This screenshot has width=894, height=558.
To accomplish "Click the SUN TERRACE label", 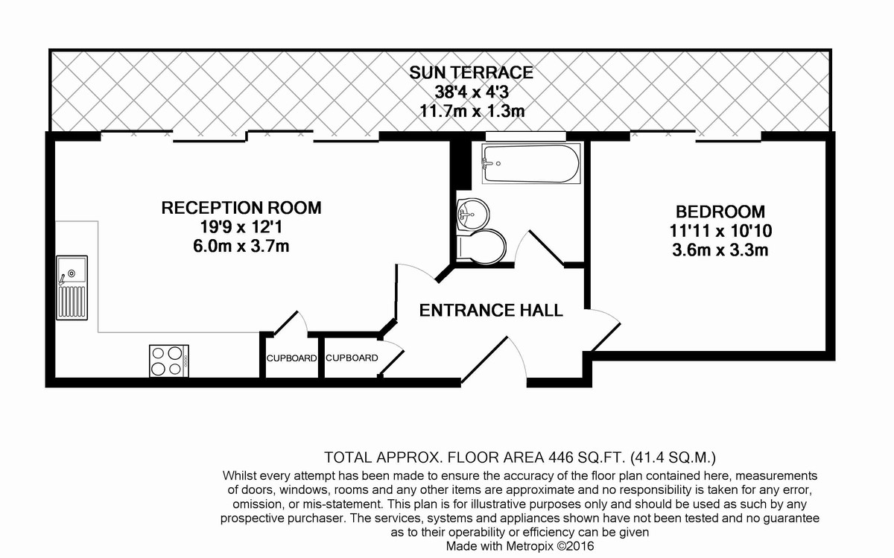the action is [x=472, y=73].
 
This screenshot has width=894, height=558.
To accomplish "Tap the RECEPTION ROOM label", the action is [x=241, y=208].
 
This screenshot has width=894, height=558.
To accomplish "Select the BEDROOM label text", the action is [x=720, y=212].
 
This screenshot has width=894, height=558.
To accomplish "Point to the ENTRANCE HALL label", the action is [x=491, y=310].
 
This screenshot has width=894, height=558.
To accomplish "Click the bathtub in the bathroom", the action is [x=531, y=163].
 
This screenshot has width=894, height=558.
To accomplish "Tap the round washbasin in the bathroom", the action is [x=472, y=215].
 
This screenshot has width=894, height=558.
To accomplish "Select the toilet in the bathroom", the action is [x=481, y=247].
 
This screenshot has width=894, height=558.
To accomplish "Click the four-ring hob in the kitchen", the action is [x=169, y=361].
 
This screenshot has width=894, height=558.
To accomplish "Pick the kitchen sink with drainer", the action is [x=72, y=288].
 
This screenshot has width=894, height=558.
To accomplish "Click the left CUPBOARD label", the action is [x=292, y=358].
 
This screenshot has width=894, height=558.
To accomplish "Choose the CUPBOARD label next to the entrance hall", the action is [x=352, y=358].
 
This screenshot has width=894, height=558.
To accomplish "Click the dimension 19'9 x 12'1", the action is [x=241, y=227].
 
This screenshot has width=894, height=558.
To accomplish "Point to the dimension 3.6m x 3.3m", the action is [x=720, y=250].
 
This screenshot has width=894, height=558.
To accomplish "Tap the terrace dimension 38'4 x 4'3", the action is [x=472, y=92].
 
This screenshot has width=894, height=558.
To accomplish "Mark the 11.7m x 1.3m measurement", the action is [x=472, y=111].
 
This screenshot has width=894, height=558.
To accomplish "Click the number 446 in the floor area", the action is [x=561, y=457].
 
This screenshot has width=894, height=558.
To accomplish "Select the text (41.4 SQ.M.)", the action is [x=673, y=457].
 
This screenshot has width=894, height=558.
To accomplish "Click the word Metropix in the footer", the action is [x=529, y=546].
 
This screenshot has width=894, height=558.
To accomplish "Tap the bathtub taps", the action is [x=488, y=163].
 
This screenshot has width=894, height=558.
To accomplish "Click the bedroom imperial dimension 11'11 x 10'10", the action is [x=720, y=231].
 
